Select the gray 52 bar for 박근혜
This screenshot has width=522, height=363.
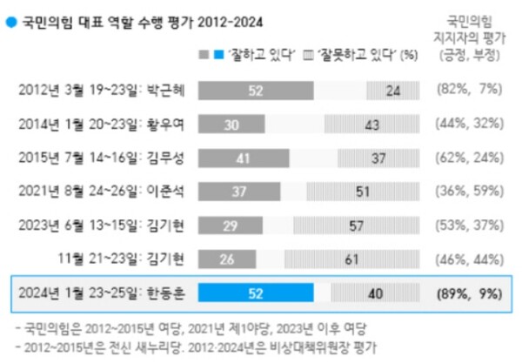click(x=256, y=90)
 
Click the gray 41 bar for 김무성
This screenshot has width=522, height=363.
click(x=244, y=158)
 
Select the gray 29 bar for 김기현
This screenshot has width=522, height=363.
click(x=231, y=225)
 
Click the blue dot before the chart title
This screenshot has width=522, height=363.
click(x=10, y=17)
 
